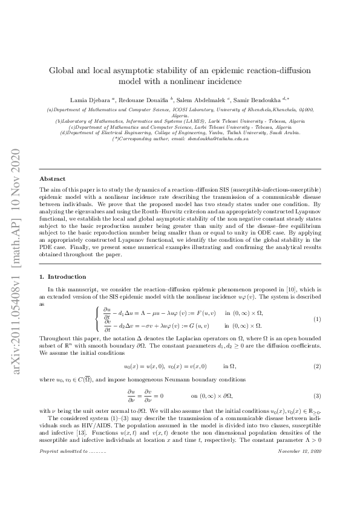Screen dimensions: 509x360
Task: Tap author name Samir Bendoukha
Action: [254, 98]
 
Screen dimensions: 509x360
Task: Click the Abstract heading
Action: [52, 179]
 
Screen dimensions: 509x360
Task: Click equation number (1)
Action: [316, 319]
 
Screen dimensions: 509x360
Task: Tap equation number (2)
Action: [316, 350]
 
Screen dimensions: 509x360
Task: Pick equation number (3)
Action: [316, 379]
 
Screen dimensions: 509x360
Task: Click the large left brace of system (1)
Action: [97, 319]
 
